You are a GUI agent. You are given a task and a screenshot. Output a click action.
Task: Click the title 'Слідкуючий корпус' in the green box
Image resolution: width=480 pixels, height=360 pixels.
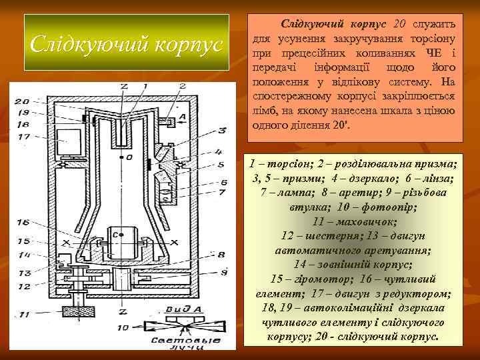pos(127,45)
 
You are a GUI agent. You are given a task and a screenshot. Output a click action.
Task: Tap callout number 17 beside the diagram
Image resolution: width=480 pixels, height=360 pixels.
pos(23,137)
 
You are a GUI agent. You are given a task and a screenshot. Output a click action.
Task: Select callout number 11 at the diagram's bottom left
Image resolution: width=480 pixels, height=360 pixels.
pos(24,313)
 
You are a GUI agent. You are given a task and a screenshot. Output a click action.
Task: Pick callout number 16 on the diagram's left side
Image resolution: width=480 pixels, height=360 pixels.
pos(23,222)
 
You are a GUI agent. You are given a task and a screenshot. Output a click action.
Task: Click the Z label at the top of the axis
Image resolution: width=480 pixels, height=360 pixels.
pos(123,87)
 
